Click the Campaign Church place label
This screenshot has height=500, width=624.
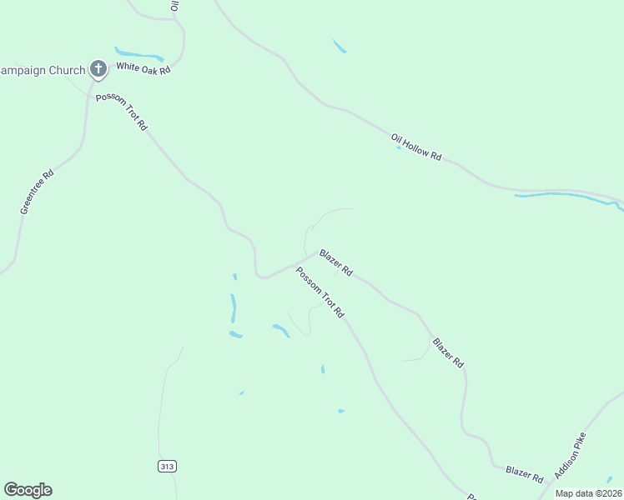click(42, 71)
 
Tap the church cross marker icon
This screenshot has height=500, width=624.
click(98, 69)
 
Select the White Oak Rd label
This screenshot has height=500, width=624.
click(143, 67)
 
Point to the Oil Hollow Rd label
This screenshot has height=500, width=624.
click(415, 147)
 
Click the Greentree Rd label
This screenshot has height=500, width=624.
click(37, 192)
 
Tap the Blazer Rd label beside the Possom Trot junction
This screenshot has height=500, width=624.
click(335, 262)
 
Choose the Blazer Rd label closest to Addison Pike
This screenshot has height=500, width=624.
click(525, 475)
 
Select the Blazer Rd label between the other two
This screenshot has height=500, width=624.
click(448, 353)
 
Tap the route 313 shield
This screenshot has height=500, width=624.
click(167, 466)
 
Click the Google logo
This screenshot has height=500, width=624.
click(28, 490)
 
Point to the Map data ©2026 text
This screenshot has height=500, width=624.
click(589, 493)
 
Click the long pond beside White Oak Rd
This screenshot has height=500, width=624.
click(139, 55)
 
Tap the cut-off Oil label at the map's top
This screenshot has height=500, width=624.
click(175, 5)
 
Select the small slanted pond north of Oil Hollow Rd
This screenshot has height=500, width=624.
click(340, 47)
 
